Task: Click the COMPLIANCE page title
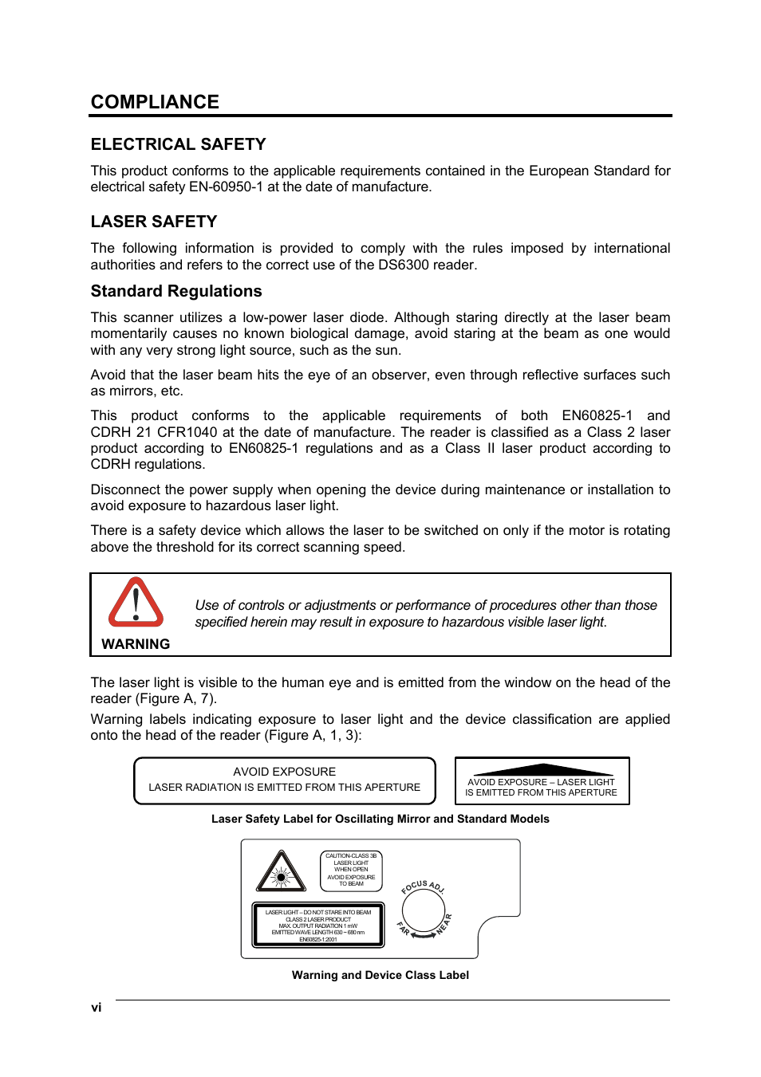(155, 102)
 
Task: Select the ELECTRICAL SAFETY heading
(178, 144)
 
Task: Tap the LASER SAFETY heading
(154, 222)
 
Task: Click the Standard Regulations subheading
(176, 291)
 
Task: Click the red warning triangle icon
(136, 603)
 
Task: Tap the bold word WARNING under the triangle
(136, 644)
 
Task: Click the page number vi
(96, 1008)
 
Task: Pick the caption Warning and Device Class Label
(380, 975)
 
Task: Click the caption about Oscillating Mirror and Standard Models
(380, 819)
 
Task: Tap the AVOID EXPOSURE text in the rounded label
(284, 772)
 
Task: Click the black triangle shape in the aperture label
(543, 769)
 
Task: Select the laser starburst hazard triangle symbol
(281, 872)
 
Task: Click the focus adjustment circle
(423, 910)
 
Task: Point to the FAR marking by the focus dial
(404, 929)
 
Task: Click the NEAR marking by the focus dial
(444, 924)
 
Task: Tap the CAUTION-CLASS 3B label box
(351, 870)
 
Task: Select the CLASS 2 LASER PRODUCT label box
(318, 925)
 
